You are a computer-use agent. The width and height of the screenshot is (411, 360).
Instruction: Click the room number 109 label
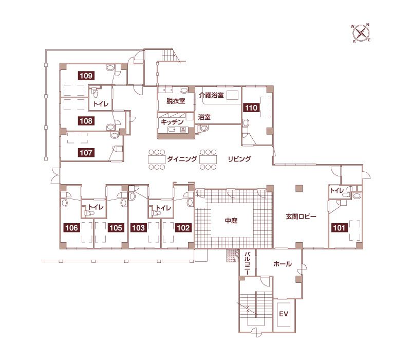click(86, 76)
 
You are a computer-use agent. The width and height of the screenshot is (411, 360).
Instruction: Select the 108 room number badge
click(86, 121)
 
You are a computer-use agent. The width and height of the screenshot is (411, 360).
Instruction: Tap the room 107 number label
click(86, 153)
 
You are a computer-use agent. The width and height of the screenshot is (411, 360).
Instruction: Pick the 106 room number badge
click(72, 228)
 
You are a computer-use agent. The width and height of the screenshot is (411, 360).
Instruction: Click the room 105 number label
click(116, 228)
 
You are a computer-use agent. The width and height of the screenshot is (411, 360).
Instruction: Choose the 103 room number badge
click(138, 228)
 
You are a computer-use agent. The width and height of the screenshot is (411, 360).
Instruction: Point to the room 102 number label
click(183, 228)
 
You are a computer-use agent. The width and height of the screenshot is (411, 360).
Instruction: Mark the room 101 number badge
click(340, 228)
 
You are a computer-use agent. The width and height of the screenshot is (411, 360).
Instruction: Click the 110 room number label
click(251, 107)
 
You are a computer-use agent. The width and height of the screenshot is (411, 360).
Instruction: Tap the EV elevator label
click(284, 314)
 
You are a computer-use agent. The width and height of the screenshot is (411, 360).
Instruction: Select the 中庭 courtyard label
click(231, 221)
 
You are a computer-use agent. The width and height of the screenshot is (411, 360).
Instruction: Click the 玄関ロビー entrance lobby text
click(301, 217)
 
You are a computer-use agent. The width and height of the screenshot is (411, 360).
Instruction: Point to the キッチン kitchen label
click(172, 122)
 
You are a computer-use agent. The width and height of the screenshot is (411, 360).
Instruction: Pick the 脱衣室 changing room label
click(176, 101)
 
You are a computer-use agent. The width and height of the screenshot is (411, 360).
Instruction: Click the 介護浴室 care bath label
click(211, 95)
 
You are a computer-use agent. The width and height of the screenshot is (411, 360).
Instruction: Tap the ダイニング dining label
click(182, 159)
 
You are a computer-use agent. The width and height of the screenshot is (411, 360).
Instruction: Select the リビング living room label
click(239, 159)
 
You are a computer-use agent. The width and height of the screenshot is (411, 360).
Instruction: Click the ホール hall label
click(283, 264)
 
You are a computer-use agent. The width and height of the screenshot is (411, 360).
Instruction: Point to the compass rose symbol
click(361, 33)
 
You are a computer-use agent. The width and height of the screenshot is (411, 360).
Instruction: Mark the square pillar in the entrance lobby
click(299, 188)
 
